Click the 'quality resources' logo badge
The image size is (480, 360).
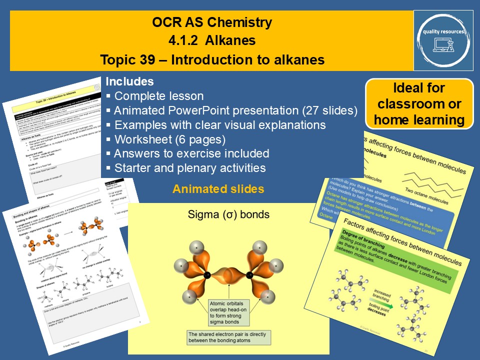tap(443, 40)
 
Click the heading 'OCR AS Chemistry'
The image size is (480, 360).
tap(212, 22)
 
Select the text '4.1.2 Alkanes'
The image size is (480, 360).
tap(212, 41)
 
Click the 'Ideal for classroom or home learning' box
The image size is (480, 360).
tap(419, 103)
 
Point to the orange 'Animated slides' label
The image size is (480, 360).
tap(218, 189)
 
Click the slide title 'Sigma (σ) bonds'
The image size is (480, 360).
tap(228, 215)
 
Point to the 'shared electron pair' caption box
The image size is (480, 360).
tap(228, 337)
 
